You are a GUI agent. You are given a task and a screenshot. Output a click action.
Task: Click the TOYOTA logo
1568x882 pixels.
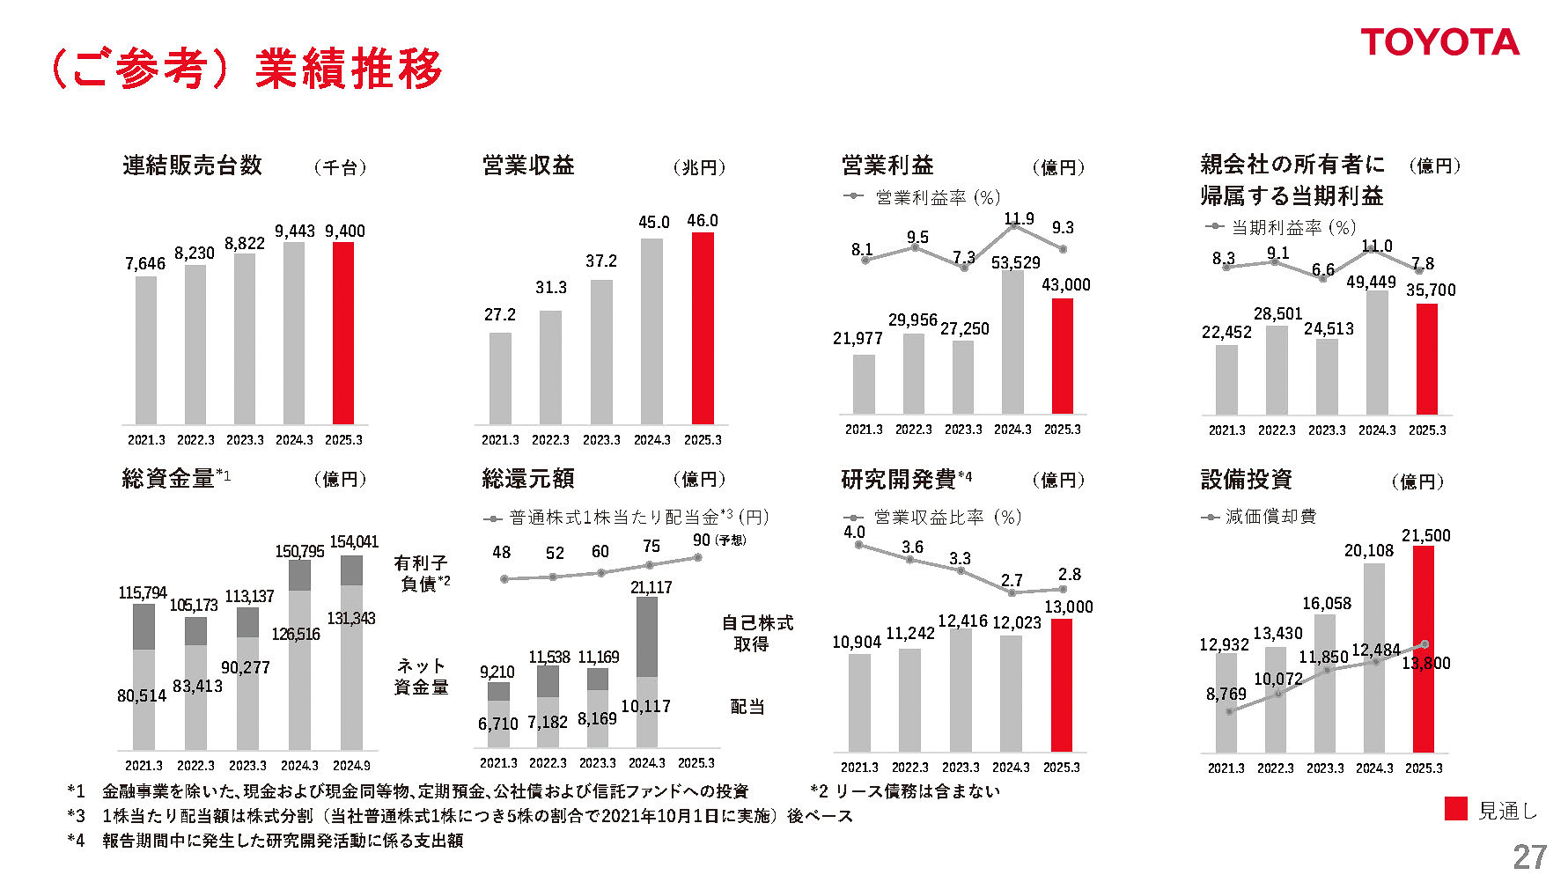pyautogui.click(x=1439, y=42)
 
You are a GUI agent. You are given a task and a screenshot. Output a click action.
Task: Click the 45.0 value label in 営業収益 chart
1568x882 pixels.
pyautogui.click(x=653, y=223)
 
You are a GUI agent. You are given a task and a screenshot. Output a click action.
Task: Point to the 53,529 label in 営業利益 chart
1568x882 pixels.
pyautogui.click(x=1015, y=263)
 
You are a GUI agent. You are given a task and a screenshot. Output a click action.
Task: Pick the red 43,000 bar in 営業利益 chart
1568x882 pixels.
pyautogui.click(x=1063, y=356)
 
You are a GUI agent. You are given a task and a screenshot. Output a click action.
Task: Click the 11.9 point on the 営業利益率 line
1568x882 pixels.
pyautogui.click(x=1013, y=225)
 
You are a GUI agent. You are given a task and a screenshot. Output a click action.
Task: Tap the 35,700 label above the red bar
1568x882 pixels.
pyautogui.click(x=1431, y=290)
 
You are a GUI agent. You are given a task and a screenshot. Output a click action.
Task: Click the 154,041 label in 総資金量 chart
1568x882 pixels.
pyautogui.click(x=354, y=542)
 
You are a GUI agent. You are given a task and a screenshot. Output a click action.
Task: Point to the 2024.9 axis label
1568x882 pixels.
pyautogui.click(x=351, y=766)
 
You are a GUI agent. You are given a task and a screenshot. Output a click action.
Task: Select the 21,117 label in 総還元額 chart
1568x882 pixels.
pyautogui.click(x=651, y=587)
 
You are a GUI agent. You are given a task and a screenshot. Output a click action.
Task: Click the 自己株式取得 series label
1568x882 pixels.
pyautogui.click(x=757, y=634)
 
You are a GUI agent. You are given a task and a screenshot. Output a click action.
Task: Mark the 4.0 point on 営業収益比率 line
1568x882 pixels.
pyautogui.click(x=859, y=545)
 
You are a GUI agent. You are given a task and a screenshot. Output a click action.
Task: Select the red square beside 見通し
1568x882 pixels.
pyautogui.click(x=1456, y=809)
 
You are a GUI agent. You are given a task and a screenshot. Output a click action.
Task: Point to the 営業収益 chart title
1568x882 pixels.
pyautogui.click(x=528, y=165)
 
